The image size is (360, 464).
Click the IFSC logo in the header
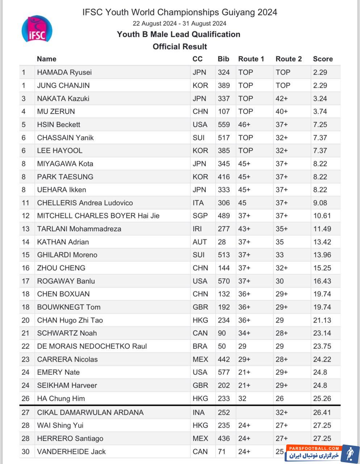[x=37, y=29]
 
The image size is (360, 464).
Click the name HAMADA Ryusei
[x=64, y=72]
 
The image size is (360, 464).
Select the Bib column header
[x=223, y=59]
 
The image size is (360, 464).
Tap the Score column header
[x=323, y=59]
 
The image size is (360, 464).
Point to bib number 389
[x=223, y=85]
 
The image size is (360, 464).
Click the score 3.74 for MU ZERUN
[x=320, y=111]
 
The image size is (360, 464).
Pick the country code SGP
[x=200, y=216]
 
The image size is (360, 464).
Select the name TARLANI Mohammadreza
[x=79, y=229]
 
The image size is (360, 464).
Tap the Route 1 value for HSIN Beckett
[x=244, y=124]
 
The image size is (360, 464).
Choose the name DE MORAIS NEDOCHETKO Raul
[x=92, y=346]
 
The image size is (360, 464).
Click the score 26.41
[x=322, y=412]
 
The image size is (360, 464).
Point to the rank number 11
[x=25, y=203]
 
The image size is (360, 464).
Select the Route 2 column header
[x=288, y=59]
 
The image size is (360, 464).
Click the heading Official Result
[x=180, y=46]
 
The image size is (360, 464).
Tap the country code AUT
[x=200, y=242]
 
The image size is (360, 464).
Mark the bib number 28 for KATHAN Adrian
[x=222, y=242]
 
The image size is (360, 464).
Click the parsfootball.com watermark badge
[x=322, y=453]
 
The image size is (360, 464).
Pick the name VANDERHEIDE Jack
[x=71, y=451]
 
